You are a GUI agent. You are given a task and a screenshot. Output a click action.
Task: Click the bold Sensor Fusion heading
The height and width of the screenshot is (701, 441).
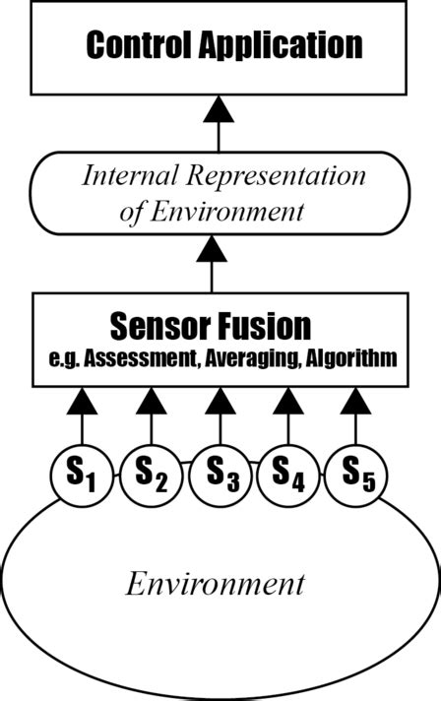tap(211, 326)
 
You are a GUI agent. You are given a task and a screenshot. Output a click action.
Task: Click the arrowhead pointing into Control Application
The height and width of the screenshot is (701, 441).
tap(212, 112)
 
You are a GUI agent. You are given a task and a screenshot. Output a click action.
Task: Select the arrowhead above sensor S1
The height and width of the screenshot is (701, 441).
tap(84, 401)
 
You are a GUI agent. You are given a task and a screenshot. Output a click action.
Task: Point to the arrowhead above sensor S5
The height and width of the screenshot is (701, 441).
tap(355, 401)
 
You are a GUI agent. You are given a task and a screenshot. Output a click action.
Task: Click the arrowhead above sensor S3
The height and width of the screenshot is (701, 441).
tap(220, 401)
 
